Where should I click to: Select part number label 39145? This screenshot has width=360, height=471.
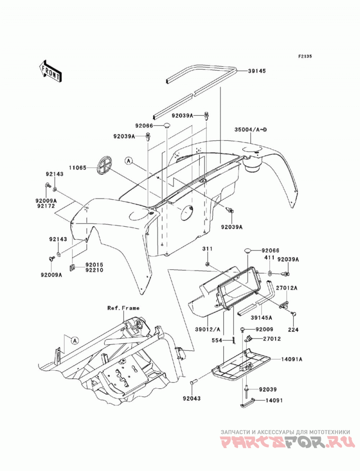[x=257, y=71]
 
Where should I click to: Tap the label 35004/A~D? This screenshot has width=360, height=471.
[x=251, y=130]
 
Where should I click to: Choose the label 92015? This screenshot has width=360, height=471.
[x=94, y=265]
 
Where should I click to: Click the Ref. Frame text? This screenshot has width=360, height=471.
[x=123, y=308]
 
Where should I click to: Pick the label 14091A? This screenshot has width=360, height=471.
[x=292, y=359]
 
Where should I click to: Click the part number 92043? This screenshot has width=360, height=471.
[x=191, y=399]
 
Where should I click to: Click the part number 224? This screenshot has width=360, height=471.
[x=293, y=329]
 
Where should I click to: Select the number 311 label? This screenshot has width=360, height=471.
[x=207, y=249]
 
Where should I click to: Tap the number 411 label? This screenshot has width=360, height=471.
[x=269, y=258]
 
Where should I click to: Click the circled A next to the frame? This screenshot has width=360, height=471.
[x=75, y=341]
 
